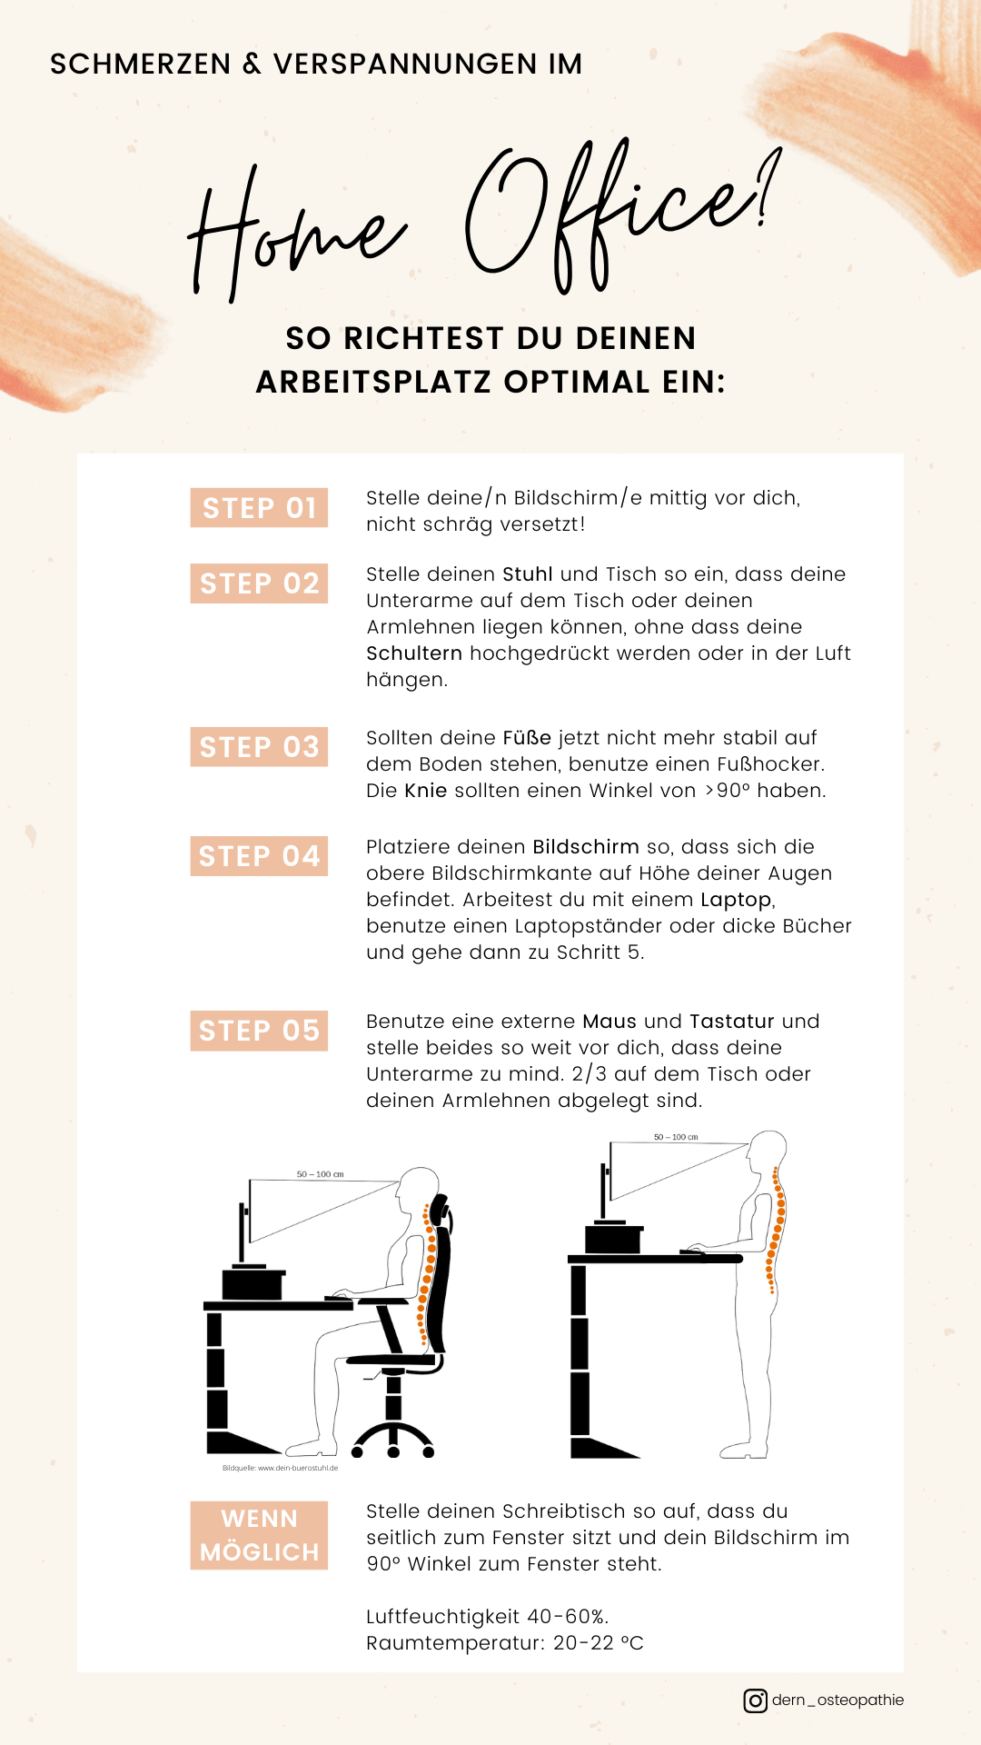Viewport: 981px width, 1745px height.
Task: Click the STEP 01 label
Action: (x=259, y=507)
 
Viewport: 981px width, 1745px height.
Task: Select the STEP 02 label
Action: (x=259, y=583)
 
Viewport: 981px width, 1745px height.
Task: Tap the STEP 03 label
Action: (x=259, y=746)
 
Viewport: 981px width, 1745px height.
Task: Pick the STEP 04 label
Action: (x=259, y=855)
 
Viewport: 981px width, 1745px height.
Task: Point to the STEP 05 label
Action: (x=259, y=1030)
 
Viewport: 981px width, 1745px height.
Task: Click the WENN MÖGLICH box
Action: (x=259, y=1535)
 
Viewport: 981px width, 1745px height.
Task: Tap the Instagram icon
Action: (x=755, y=1700)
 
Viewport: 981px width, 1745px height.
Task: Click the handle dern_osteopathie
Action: (x=837, y=1700)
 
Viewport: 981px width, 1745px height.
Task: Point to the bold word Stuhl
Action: (x=528, y=574)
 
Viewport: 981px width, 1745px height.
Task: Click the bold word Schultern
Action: (x=414, y=653)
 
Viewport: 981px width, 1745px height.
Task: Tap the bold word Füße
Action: (x=527, y=738)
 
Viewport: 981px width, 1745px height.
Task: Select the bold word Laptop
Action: (x=736, y=901)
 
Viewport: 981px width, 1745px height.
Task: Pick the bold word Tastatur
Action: (x=732, y=1022)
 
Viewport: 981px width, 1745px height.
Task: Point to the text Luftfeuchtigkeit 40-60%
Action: (x=488, y=1617)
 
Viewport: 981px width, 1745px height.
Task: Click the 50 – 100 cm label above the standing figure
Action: (x=676, y=1137)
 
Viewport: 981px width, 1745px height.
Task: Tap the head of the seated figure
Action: (x=418, y=1188)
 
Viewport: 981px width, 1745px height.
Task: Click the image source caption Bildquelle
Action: (x=280, y=1468)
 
